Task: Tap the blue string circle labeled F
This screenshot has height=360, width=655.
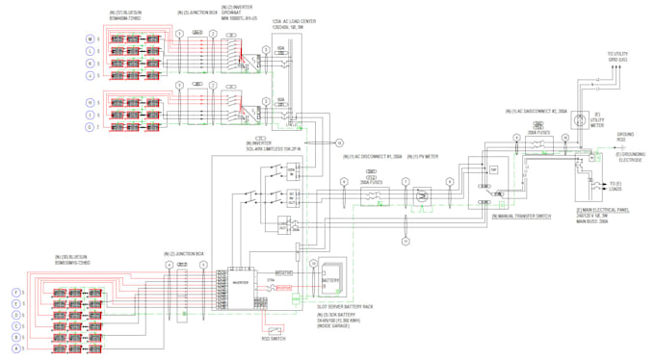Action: (14, 291)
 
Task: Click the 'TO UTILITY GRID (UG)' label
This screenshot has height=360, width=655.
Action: (617, 57)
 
